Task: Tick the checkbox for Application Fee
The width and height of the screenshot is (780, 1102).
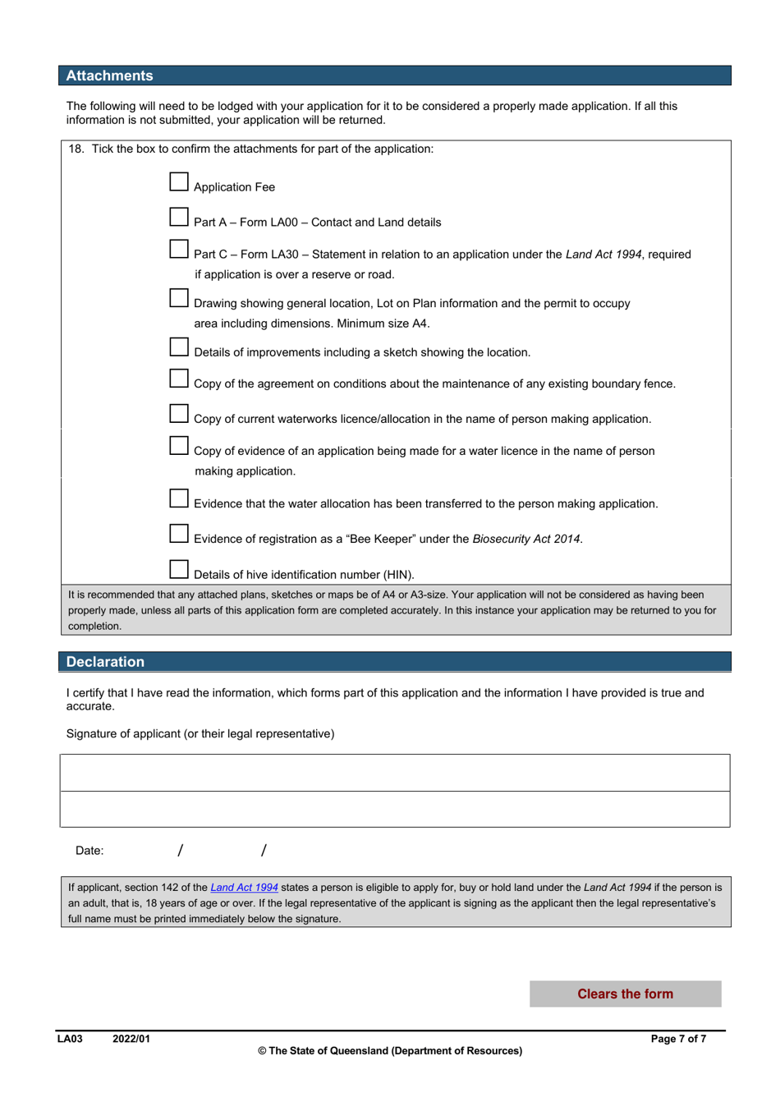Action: [x=179, y=181]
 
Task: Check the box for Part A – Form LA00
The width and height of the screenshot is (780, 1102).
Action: [x=179, y=217]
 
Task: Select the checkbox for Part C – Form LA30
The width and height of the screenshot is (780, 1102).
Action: [x=179, y=249]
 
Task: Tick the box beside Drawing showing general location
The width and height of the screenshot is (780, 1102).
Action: [x=179, y=298]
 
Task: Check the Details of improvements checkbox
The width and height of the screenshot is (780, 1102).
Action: [x=179, y=347]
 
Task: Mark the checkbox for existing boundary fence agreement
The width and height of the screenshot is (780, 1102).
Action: [x=179, y=379]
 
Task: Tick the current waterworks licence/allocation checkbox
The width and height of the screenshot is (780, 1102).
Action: [x=179, y=413]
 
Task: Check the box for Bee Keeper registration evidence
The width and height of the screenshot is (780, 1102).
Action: [x=179, y=534]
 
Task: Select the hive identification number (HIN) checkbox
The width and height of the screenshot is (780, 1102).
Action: [x=179, y=569]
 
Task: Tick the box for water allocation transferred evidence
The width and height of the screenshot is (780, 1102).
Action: [x=179, y=498]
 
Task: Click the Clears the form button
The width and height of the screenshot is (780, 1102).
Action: [x=625, y=994]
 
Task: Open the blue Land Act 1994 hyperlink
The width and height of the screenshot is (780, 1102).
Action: [x=244, y=888]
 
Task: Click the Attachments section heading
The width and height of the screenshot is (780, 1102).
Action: [x=109, y=76]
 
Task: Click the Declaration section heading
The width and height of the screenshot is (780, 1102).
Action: [x=105, y=662]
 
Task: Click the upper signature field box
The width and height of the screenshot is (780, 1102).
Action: [x=394, y=773]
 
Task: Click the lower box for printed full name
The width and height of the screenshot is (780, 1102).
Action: [x=394, y=809]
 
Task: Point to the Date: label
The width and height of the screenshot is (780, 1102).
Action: [x=89, y=851]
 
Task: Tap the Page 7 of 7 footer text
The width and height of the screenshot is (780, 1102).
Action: [x=677, y=1039]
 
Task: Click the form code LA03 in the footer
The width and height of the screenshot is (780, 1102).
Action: [x=70, y=1039]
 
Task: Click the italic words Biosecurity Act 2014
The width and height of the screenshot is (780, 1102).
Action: [x=526, y=540]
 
